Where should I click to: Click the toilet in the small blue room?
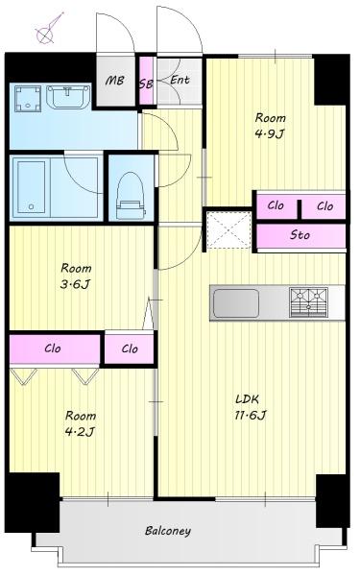point(131,196)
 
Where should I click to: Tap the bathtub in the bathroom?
point(32,187)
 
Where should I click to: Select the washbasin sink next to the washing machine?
point(68,97)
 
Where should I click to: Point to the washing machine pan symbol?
point(28,99)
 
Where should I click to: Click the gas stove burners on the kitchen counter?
point(308,302)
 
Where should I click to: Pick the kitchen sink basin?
point(236,303)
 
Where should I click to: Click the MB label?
point(114,81)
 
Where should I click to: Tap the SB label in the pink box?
point(146,84)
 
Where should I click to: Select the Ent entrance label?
point(180,80)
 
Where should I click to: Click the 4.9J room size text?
point(270,133)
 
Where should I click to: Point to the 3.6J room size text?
point(75,284)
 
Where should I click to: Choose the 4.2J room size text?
point(80,431)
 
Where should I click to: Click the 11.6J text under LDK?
point(251,415)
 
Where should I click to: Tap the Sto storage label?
point(300,234)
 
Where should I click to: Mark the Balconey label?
point(168,531)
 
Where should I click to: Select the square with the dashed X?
point(228,230)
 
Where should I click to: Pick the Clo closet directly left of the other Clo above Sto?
point(276,205)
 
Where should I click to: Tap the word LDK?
point(248,399)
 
